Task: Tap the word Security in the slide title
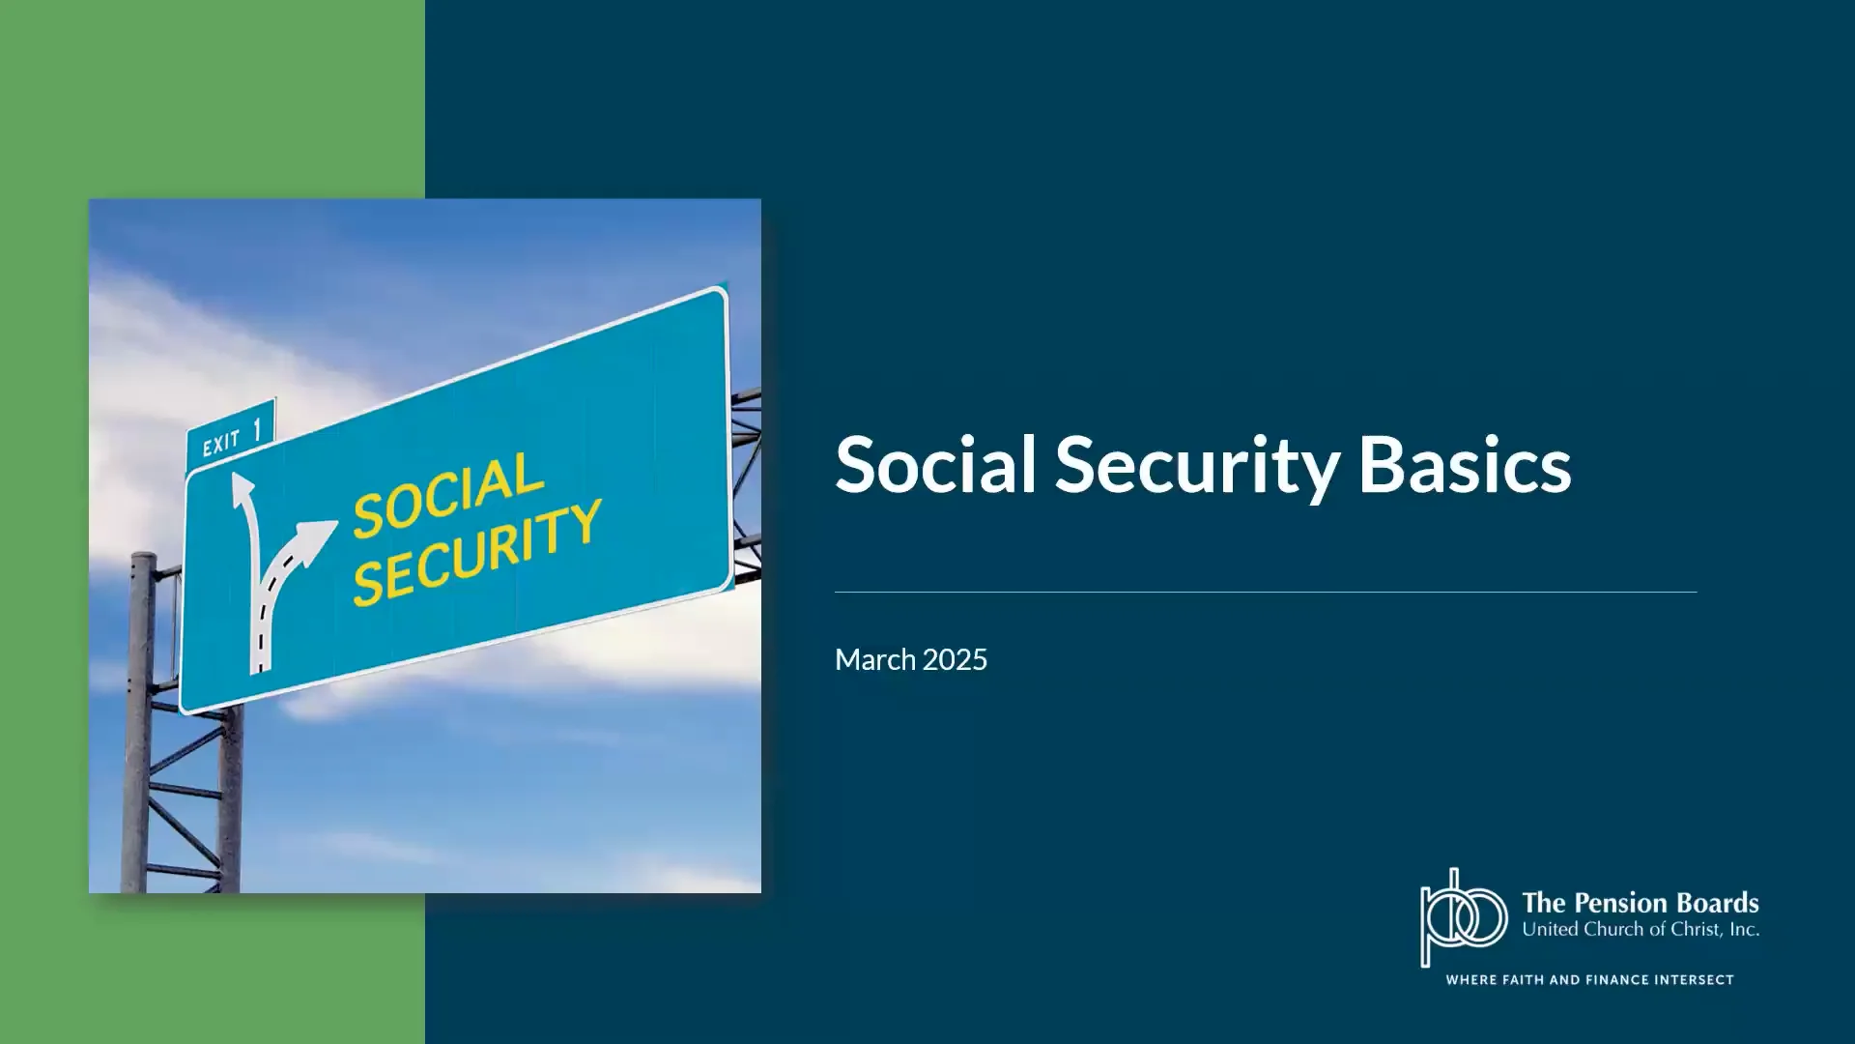click(x=1197, y=467)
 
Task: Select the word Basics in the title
click(x=1465, y=465)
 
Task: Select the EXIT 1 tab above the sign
click(x=231, y=434)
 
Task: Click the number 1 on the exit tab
click(x=258, y=430)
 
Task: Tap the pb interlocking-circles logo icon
click(x=1463, y=917)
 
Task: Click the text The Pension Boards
click(x=1640, y=903)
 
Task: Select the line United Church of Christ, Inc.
click(x=1640, y=930)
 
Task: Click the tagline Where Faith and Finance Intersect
click(x=1589, y=980)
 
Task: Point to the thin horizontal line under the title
click(x=1265, y=592)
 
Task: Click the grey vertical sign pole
click(x=139, y=725)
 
